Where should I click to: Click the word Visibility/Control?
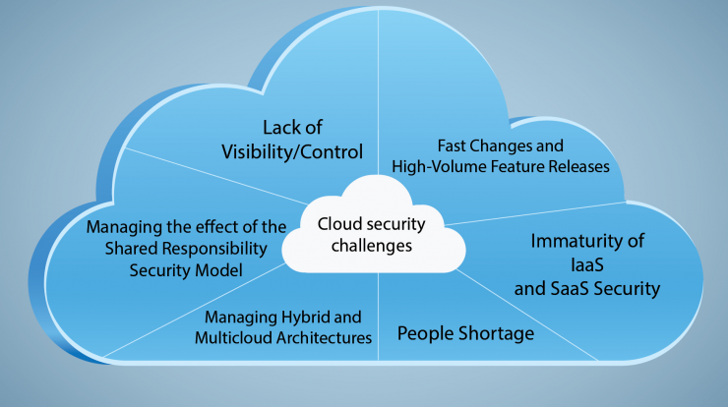[x=292, y=152]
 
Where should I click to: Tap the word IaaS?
[x=587, y=265]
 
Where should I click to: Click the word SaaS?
[x=571, y=289]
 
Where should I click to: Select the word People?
[x=425, y=333]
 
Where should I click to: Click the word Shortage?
[x=496, y=333]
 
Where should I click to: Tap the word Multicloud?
[x=233, y=337]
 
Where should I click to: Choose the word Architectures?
[x=324, y=337]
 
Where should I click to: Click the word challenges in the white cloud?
[x=372, y=245]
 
